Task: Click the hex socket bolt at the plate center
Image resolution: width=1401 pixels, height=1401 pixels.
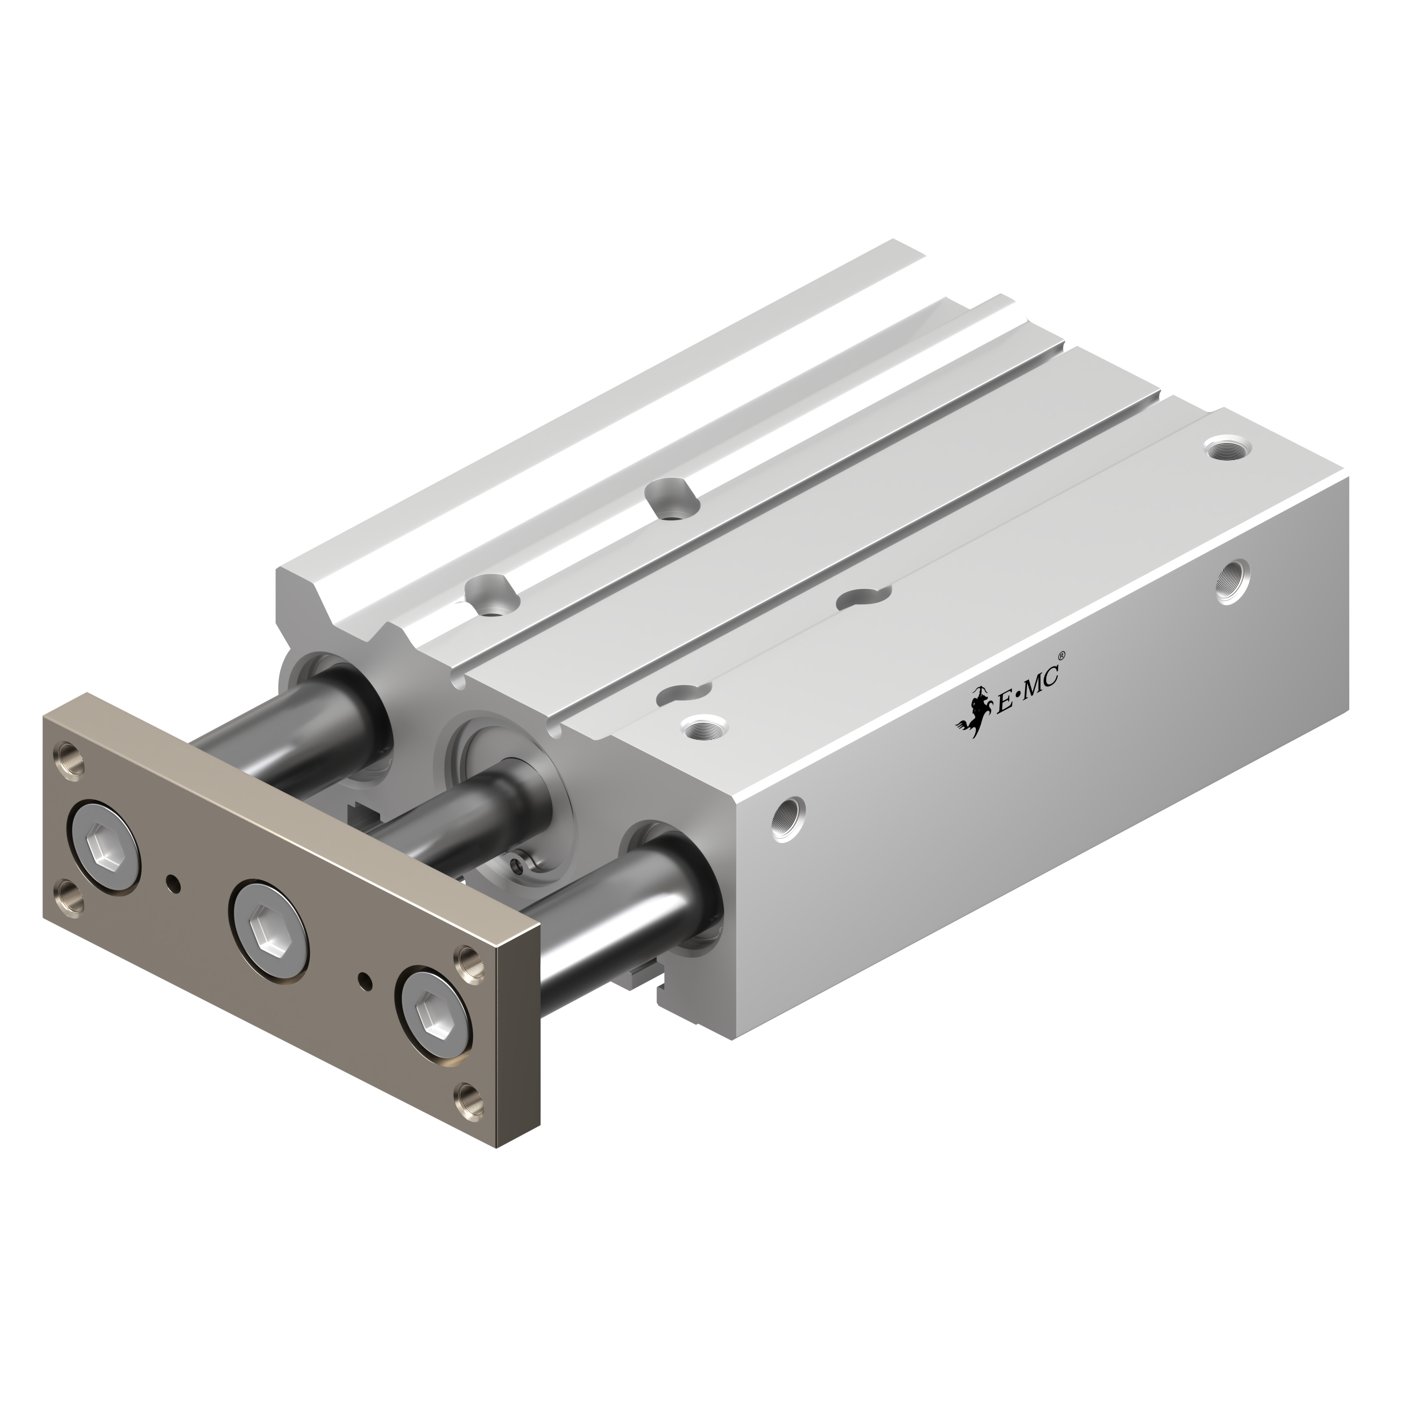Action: click(x=269, y=918)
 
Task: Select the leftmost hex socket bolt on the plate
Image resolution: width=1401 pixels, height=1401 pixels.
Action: click(x=103, y=846)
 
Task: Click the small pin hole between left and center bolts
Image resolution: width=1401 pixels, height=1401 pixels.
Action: click(x=173, y=883)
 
